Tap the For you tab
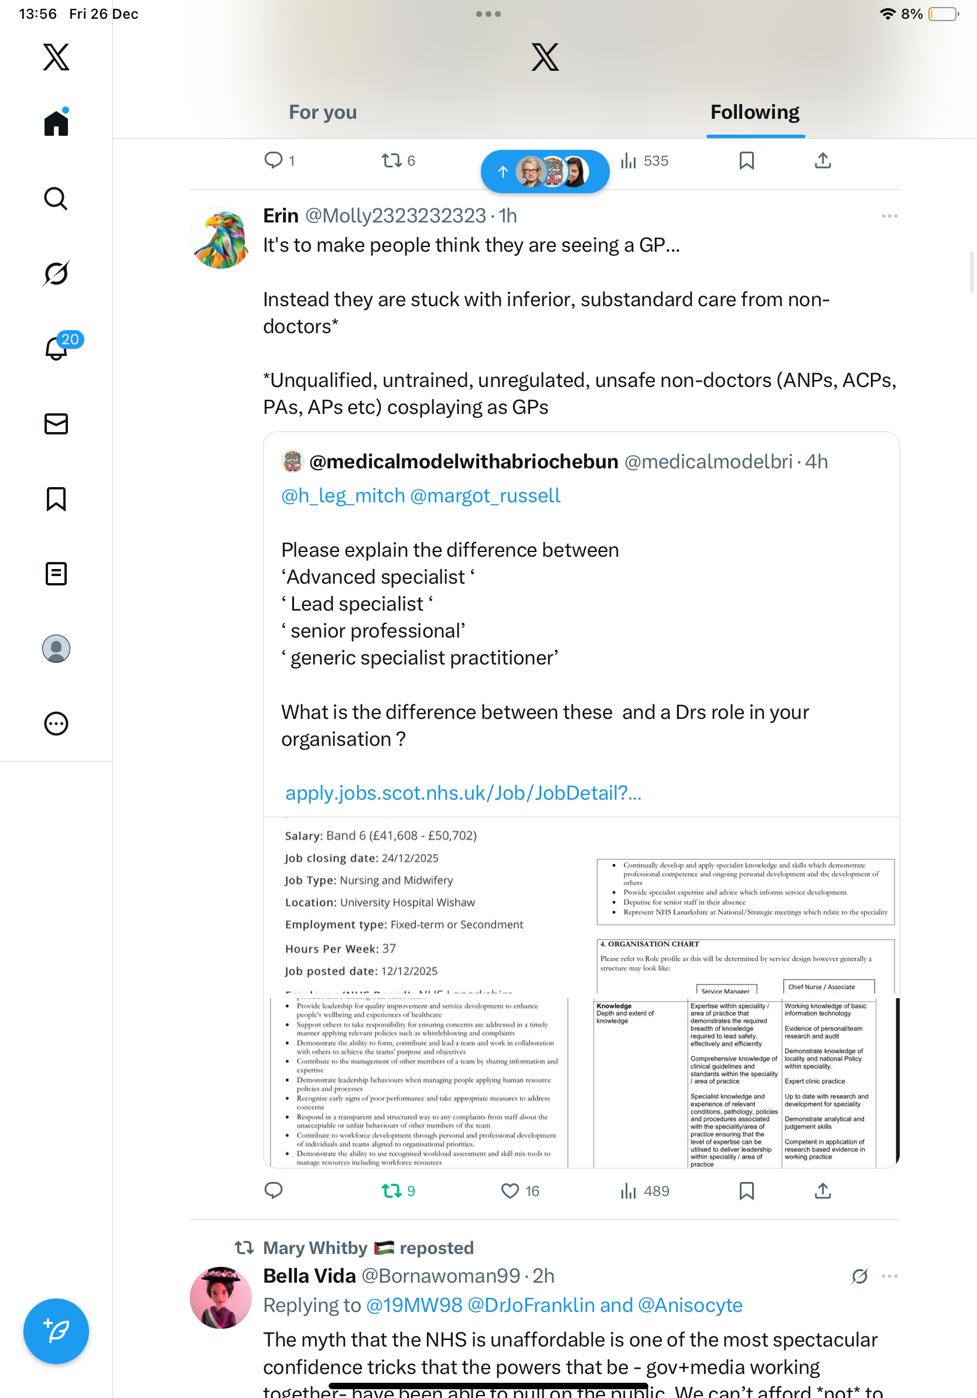pyautogui.click(x=322, y=112)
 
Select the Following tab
pyautogui.click(x=754, y=112)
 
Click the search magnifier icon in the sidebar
pyautogui.click(x=56, y=198)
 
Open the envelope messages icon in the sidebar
pyautogui.click(x=56, y=424)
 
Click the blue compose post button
pyautogui.click(x=56, y=1331)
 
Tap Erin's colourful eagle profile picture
pyautogui.click(x=220, y=239)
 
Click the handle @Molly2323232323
pyautogui.click(x=395, y=215)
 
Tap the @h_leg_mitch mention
pyautogui.click(x=343, y=496)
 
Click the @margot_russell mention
pyautogui.click(x=485, y=496)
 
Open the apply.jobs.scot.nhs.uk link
pyautogui.click(x=463, y=793)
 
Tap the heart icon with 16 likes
pyautogui.click(x=510, y=1191)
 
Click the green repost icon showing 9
pyautogui.click(x=391, y=1191)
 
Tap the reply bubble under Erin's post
pyautogui.click(x=274, y=1190)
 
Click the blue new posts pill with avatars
pyautogui.click(x=545, y=172)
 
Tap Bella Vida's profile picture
pyautogui.click(x=220, y=1297)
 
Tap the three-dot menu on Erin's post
pyautogui.click(x=889, y=216)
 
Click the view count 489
pyautogui.click(x=645, y=1191)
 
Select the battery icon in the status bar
pyautogui.click(x=943, y=14)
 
